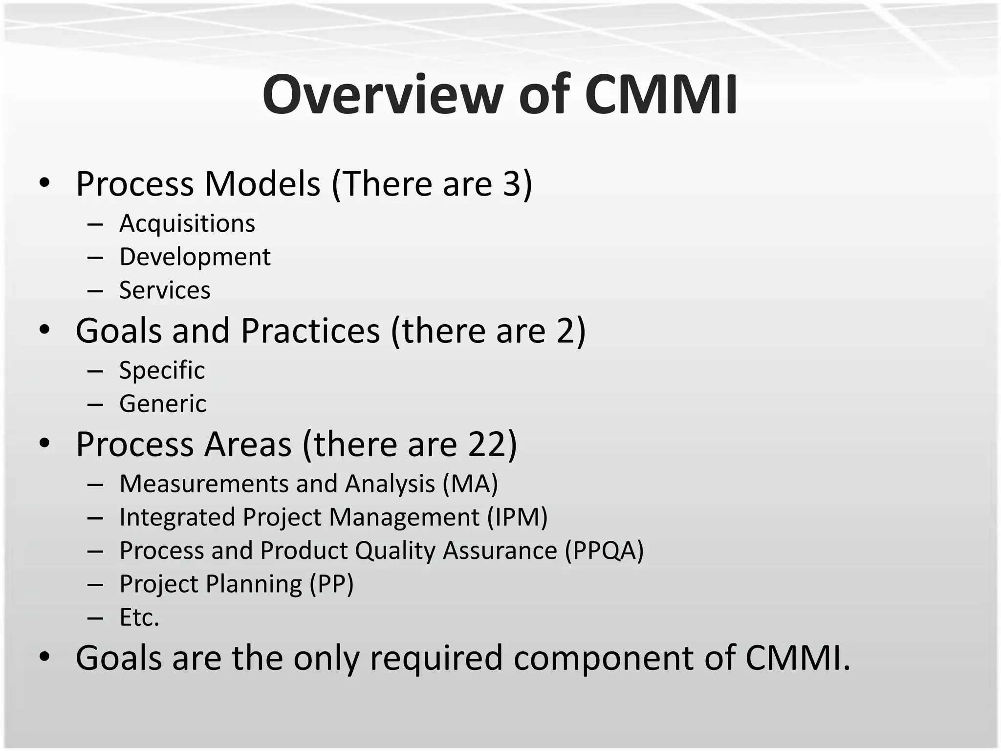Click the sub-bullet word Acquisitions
tap(187, 224)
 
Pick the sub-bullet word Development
tap(195, 257)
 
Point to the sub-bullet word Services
tap(165, 290)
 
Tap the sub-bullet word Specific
tap(162, 370)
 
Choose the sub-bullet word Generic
tap(163, 404)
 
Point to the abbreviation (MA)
tap(470, 484)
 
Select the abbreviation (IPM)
tap(517, 517)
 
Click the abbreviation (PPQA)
tap(604, 551)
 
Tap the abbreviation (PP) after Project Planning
tap(331, 584)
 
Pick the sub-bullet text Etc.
tap(139, 618)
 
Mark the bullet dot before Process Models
tap(44, 184)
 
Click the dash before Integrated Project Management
tap(95, 518)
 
